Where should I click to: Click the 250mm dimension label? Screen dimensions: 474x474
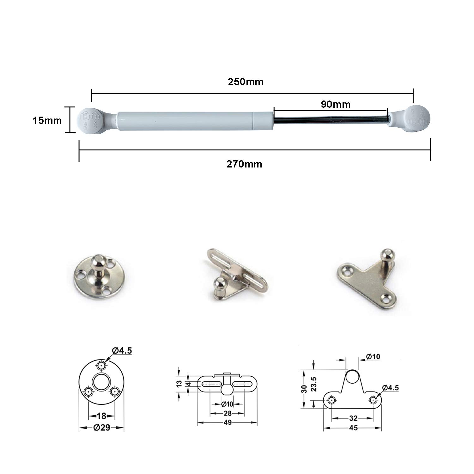[x=246, y=82]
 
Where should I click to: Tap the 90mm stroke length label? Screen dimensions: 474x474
[x=336, y=104]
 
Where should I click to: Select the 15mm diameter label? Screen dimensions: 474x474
[x=47, y=120]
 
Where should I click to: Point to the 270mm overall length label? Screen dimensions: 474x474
[x=244, y=164]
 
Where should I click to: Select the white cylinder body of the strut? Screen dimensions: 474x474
[x=195, y=120]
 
